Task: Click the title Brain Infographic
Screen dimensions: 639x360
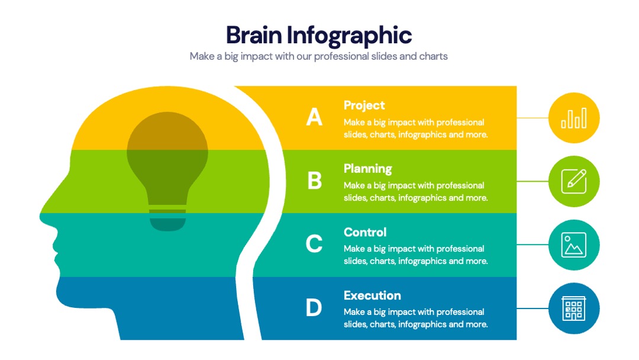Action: point(319,35)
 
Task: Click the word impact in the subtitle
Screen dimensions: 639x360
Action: point(256,56)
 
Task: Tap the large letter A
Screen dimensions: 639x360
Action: point(314,117)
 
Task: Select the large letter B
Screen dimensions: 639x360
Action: point(314,180)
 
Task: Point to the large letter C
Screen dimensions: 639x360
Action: point(314,244)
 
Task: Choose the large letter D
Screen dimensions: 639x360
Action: point(314,307)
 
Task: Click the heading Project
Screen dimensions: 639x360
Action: point(364,105)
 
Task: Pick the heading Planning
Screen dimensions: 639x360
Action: point(367,169)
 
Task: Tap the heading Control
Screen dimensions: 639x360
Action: point(364,232)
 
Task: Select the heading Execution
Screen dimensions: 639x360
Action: point(372,295)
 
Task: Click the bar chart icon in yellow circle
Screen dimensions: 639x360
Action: point(574,118)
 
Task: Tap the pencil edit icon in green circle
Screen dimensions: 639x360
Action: point(574,181)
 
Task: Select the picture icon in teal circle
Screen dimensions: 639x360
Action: point(574,245)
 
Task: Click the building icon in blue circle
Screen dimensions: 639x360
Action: point(574,308)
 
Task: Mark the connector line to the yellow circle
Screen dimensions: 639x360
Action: point(532,118)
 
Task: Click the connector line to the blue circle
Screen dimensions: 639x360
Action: point(532,308)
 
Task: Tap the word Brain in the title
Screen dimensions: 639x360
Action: point(253,35)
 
